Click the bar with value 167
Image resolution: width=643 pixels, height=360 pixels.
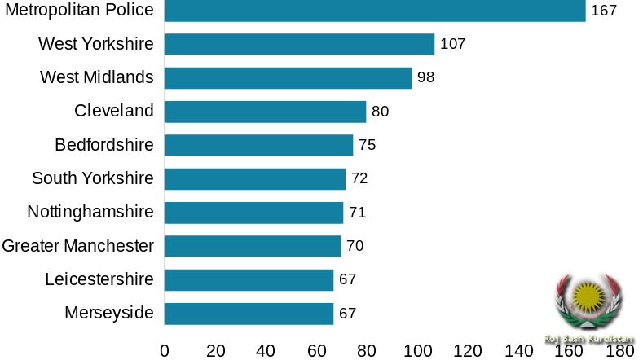pos(375,11)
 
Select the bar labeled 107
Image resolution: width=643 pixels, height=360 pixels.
pos(300,44)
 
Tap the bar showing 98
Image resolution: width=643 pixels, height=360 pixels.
pos(288,78)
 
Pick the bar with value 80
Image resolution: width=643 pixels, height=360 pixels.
pos(266,112)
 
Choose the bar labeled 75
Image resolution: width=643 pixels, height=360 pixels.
pos(259,145)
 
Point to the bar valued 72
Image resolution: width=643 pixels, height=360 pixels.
pos(255,179)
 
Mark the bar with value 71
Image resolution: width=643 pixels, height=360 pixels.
pos(254,213)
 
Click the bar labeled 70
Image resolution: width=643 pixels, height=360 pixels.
pos(253,246)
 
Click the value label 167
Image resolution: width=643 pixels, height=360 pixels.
pos(603,11)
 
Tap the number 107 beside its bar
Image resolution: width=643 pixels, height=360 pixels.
pos(452,44)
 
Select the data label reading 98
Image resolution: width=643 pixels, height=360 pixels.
pos(425,78)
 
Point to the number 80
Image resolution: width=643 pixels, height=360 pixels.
pos(380,112)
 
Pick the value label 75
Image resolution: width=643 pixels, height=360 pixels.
pos(367,145)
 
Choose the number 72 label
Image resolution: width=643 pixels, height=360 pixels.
pos(359,178)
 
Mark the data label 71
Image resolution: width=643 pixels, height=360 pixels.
pos(357,213)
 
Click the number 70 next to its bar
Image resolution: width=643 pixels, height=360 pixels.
pos(355,246)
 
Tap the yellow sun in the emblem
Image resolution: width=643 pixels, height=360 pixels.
pos(587,295)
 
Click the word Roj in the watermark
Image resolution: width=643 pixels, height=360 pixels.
pos(550,338)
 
